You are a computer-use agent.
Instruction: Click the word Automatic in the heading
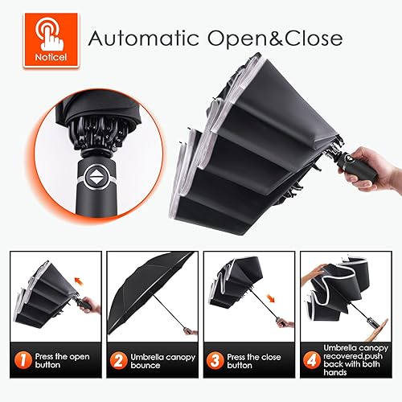pos(137,38)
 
